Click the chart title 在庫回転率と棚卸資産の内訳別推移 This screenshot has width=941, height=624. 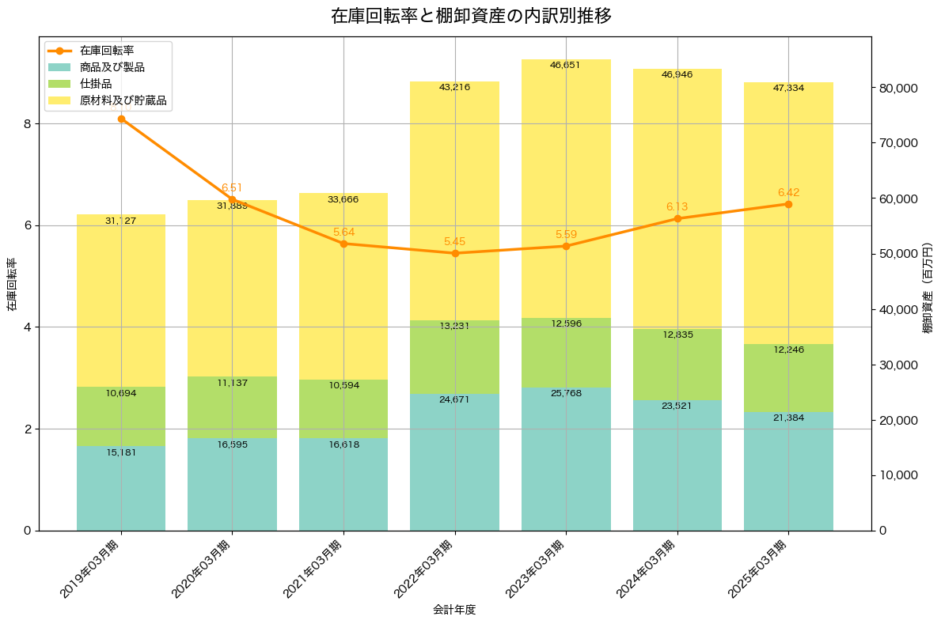click(470, 16)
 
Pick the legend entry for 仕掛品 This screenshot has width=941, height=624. click(96, 84)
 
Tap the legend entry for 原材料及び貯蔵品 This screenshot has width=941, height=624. click(118, 100)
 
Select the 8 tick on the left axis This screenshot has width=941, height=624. click(27, 124)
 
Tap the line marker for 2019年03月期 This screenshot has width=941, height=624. click(121, 119)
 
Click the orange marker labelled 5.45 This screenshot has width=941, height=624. click(455, 253)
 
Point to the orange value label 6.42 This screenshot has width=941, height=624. click(789, 192)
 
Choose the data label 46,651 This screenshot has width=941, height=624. click(566, 65)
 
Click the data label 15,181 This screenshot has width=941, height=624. click(121, 452)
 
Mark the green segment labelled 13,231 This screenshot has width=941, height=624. click(455, 357)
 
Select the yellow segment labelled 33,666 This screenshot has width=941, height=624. click(343, 285)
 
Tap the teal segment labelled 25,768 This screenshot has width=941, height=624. click(566, 459)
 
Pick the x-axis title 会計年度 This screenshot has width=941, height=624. click(454, 610)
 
